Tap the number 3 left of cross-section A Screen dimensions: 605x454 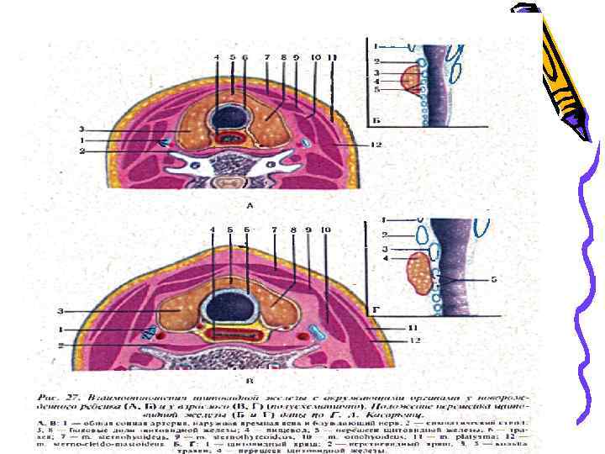(x=82, y=129)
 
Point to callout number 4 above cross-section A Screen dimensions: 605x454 (x=216, y=57)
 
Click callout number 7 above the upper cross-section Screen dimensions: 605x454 (x=266, y=57)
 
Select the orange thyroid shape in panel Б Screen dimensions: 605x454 (x=411, y=79)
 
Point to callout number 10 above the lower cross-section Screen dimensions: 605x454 (x=325, y=230)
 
